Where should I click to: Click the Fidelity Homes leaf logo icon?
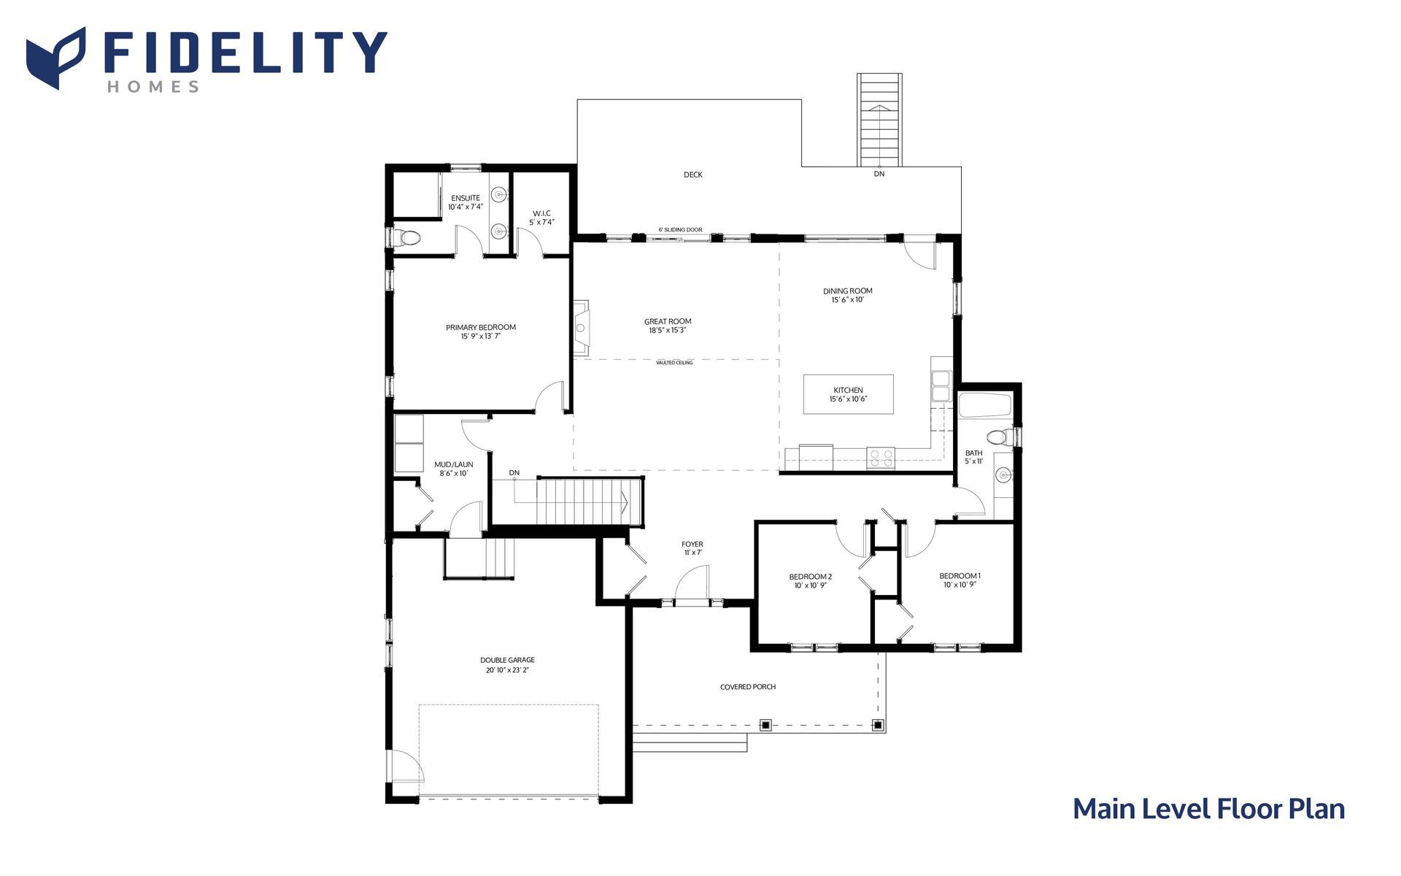pyautogui.click(x=55, y=58)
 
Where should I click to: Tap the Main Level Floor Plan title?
pyautogui.click(x=1208, y=809)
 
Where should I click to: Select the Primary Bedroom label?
pyautogui.click(x=481, y=327)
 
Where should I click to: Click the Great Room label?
pyautogui.click(x=668, y=321)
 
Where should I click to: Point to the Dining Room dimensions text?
pyautogui.click(x=848, y=300)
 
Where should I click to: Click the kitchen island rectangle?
pyautogui.click(x=848, y=394)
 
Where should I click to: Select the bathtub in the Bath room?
pyautogui.click(x=985, y=406)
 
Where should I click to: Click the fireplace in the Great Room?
pyautogui.click(x=581, y=328)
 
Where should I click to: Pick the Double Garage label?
pyautogui.click(x=507, y=660)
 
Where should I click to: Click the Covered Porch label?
pyautogui.click(x=748, y=687)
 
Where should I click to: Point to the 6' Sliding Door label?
pyautogui.click(x=680, y=230)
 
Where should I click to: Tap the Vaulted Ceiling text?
pyautogui.click(x=674, y=363)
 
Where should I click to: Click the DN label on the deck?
pyautogui.click(x=879, y=174)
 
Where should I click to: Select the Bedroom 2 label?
pyautogui.click(x=811, y=577)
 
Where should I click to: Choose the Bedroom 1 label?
pyautogui.click(x=960, y=576)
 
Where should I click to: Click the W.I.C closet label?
pyautogui.click(x=541, y=213)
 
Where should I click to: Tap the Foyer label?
pyautogui.click(x=692, y=544)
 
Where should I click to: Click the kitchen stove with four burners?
pyautogui.click(x=881, y=458)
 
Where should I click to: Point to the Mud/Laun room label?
pyautogui.click(x=454, y=464)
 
